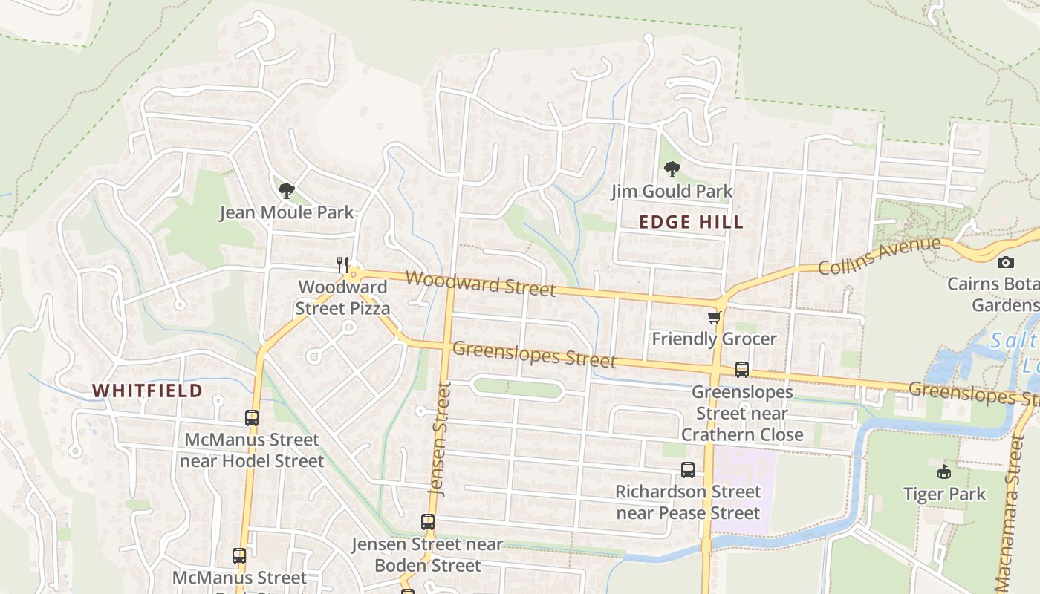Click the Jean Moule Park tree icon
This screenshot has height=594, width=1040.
click(x=286, y=191)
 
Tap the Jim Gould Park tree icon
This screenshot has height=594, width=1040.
click(x=672, y=169)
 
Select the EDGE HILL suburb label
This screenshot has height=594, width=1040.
click(x=691, y=222)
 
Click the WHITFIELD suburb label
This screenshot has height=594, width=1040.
click(x=147, y=391)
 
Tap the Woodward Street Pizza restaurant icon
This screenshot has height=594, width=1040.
click(x=342, y=264)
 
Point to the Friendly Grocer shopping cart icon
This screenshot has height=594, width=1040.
click(x=714, y=318)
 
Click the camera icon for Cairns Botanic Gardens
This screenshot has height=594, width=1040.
click(x=1005, y=262)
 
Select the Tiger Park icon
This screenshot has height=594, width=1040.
click(x=944, y=471)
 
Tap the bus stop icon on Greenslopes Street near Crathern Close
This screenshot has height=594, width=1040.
click(x=741, y=370)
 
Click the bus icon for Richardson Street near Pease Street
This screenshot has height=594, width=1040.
click(x=688, y=470)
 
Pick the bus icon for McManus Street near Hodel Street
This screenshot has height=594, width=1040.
click(x=252, y=418)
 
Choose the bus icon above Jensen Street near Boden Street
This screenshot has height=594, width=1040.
click(x=427, y=522)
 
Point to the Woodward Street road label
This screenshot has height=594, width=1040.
click(x=481, y=283)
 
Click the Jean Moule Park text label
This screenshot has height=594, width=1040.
click(x=286, y=213)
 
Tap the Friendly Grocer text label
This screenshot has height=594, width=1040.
click(x=714, y=339)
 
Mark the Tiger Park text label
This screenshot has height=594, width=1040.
click(x=944, y=494)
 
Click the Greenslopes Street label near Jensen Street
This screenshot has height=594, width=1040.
click(x=533, y=354)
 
